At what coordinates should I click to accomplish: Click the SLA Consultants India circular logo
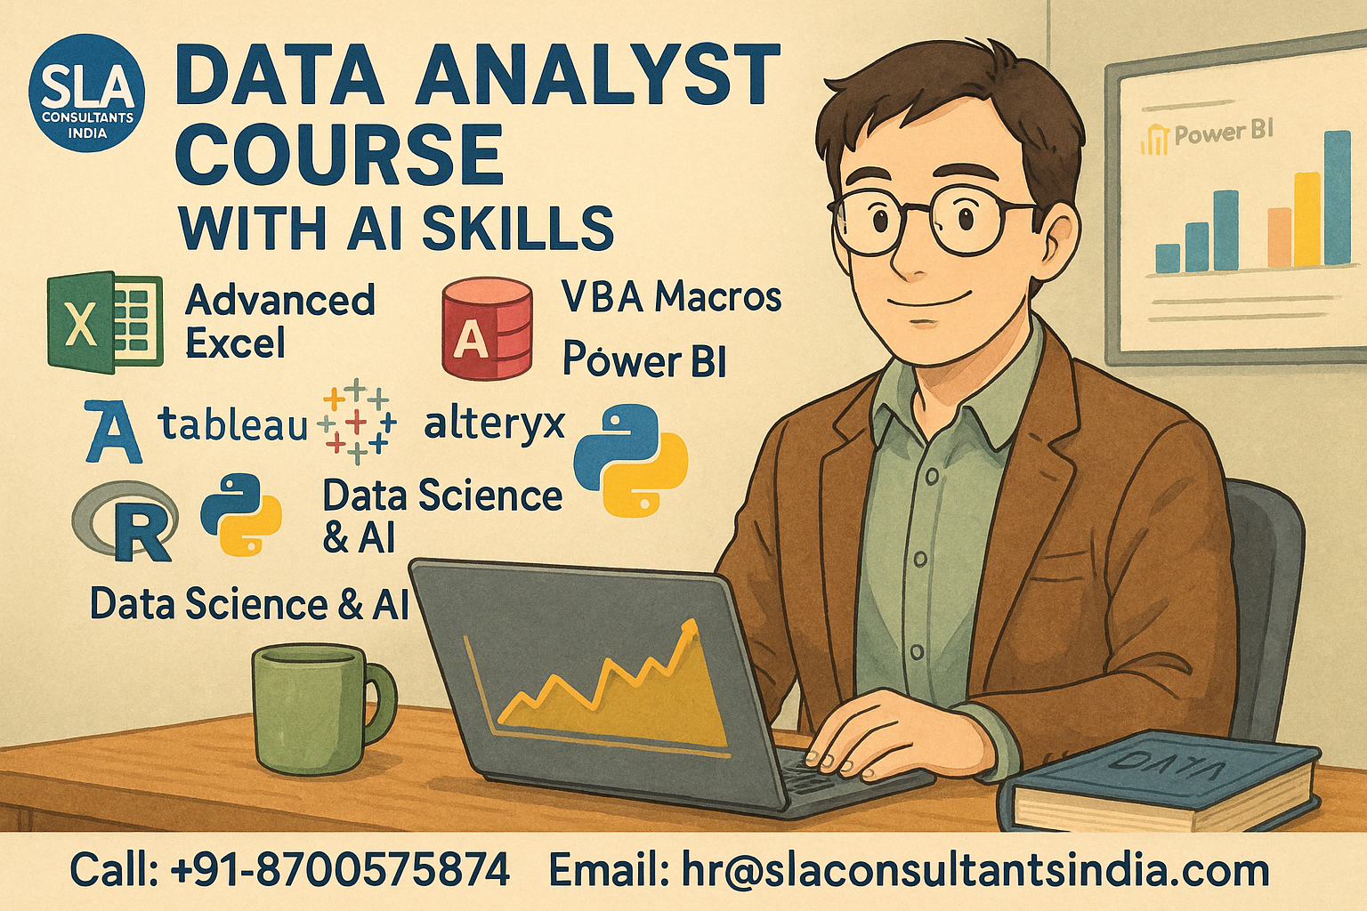coord(87,93)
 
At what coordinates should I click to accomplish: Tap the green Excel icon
coord(105,321)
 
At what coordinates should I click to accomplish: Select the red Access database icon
coord(487,328)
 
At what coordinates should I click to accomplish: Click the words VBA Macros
coord(671,297)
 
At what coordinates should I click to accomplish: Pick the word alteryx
coord(494,424)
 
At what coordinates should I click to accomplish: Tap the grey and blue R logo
coord(125,520)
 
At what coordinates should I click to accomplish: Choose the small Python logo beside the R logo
coord(242,514)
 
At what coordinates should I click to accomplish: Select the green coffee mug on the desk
coord(322,708)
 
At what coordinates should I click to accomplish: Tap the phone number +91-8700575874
coord(340,869)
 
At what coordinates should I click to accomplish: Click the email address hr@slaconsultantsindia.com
coord(975,870)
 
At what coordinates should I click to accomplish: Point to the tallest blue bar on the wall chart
coord(1337,198)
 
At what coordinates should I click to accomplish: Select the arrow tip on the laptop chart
coord(692,623)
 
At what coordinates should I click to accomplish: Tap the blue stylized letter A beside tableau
coord(114,431)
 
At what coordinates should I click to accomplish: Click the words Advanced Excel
coord(279,321)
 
